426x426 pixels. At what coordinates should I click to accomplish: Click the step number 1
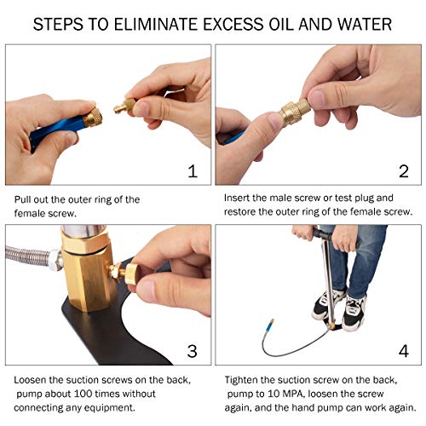[x=193, y=171]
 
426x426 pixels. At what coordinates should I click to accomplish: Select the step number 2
[x=404, y=171]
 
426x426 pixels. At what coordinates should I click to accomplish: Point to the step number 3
[x=192, y=351]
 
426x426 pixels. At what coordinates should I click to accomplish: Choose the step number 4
[x=404, y=351]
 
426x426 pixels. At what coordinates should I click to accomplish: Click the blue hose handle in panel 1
[x=57, y=130]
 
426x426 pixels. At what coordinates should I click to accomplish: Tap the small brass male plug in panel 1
[x=125, y=106]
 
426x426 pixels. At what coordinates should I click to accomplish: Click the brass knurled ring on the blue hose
[x=92, y=118]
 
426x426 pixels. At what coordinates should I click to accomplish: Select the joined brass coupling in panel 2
[x=296, y=112]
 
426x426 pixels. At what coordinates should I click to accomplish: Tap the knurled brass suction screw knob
[x=131, y=273]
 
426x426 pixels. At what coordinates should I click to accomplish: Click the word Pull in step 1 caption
[x=23, y=199]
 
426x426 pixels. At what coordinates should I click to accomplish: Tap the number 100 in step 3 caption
[x=83, y=394]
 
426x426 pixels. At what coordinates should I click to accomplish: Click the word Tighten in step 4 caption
[x=241, y=380]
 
